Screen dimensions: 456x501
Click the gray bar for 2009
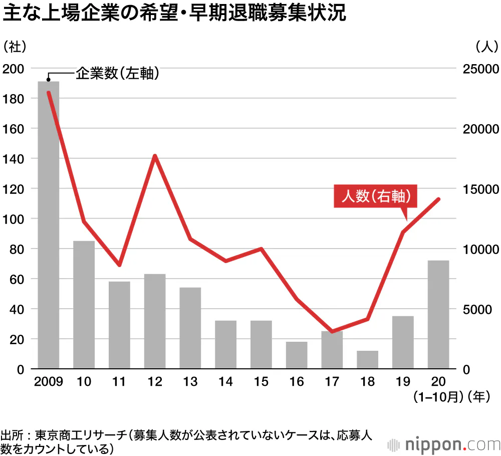(x=49, y=225)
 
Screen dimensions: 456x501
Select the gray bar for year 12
(x=155, y=321)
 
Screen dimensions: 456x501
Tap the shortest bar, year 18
(x=368, y=360)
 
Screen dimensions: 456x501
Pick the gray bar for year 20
(x=438, y=315)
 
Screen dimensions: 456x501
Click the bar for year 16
(x=297, y=355)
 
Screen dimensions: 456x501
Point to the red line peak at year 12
(x=155, y=156)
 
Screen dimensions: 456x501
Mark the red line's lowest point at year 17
(x=332, y=331)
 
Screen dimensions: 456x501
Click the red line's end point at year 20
(x=438, y=199)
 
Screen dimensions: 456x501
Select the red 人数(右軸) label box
(x=375, y=196)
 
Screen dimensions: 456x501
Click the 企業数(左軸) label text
(x=118, y=74)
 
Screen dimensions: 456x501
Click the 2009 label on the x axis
(x=49, y=382)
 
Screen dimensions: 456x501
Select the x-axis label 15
(x=261, y=382)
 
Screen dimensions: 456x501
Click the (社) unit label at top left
(x=15, y=46)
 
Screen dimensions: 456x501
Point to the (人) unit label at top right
(x=485, y=46)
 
